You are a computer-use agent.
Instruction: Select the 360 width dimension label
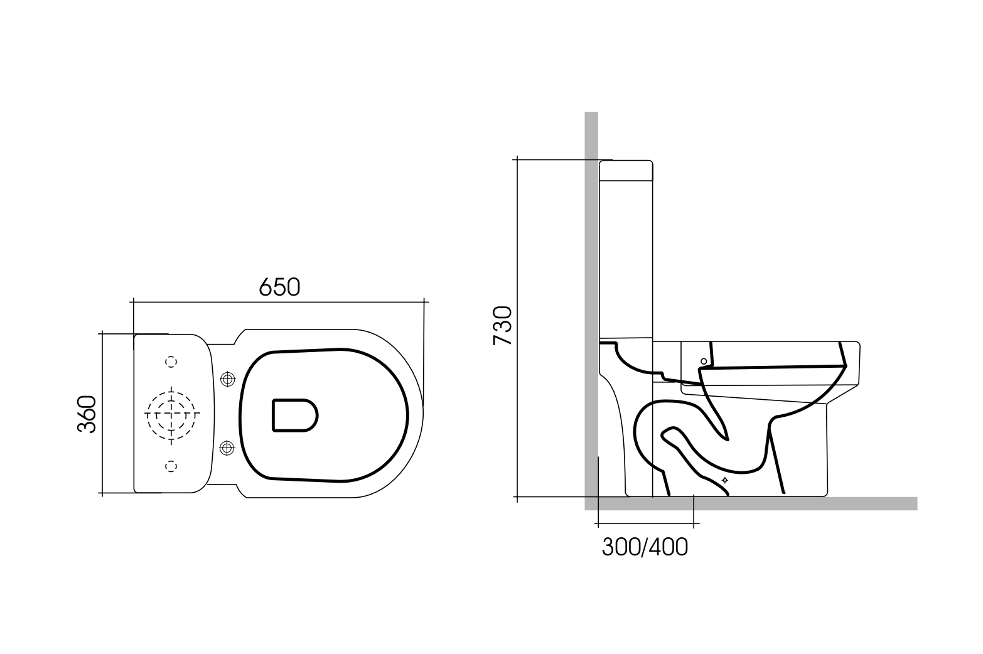86,414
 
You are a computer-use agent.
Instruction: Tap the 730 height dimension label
503,325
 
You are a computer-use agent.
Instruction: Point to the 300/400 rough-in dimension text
645,547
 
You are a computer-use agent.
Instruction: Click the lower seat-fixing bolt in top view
227,448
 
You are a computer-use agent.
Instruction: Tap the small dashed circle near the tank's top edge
171,362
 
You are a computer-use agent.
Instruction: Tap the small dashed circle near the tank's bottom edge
171,465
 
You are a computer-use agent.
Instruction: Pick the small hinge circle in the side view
704,361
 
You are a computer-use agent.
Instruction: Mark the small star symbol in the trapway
725,480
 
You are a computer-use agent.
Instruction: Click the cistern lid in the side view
626,171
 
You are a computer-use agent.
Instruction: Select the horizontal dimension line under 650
279,302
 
